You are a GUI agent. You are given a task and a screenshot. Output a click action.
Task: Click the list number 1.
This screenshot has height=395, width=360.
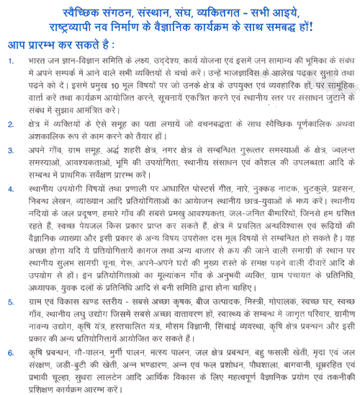(x=11, y=61)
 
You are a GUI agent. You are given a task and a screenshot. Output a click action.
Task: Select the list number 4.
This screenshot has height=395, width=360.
(x=11, y=190)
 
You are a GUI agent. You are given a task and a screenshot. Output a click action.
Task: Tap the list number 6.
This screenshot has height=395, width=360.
(x=11, y=353)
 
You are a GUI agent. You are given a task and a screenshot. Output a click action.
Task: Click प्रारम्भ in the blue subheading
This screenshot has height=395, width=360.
(x=42, y=45)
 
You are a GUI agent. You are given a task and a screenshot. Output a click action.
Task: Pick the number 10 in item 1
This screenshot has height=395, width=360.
(x=114, y=86)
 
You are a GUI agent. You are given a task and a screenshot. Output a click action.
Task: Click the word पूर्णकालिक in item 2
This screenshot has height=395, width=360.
(x=312, y=124)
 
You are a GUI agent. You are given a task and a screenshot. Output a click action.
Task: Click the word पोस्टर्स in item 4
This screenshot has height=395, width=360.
(x=204, y=189)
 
